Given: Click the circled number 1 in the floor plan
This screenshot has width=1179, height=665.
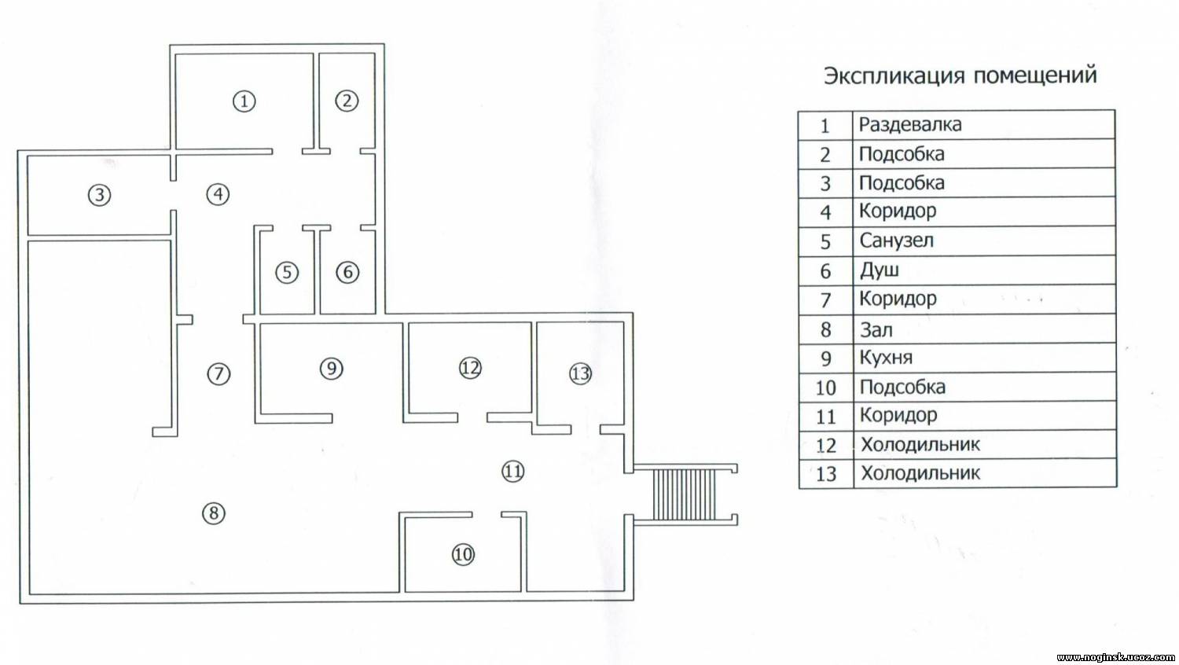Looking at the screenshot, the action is [244, 101].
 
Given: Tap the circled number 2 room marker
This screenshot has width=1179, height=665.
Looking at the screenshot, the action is [347, 101].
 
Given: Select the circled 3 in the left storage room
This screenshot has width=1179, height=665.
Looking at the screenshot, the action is [100, 196].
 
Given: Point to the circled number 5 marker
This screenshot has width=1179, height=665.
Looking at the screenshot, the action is [287, 273].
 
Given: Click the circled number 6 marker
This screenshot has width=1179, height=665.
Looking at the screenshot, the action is [348, 272].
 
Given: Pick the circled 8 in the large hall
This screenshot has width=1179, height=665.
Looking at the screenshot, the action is [214, 513].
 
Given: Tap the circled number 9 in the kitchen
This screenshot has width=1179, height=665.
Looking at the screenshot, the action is [332, 368].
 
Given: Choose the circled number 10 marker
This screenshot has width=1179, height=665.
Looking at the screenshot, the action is [463, 554].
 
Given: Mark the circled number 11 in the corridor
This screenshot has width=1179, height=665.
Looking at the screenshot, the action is [513, 472].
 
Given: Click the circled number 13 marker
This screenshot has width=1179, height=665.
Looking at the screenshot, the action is [581, 374].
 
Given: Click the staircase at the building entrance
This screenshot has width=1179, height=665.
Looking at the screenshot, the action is [685, 494].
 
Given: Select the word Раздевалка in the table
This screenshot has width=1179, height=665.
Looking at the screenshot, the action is [910, 125].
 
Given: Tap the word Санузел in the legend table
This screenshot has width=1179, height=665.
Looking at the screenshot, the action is [896, 241].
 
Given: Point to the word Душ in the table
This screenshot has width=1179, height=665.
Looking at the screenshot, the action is [880, 270].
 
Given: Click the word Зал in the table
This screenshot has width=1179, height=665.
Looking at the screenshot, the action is [876, 330].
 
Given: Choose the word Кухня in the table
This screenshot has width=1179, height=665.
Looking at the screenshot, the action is [887, 358].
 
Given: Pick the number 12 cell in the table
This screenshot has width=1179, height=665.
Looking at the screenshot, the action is [826, 446].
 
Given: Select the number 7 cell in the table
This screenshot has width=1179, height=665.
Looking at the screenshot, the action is [825, 300].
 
